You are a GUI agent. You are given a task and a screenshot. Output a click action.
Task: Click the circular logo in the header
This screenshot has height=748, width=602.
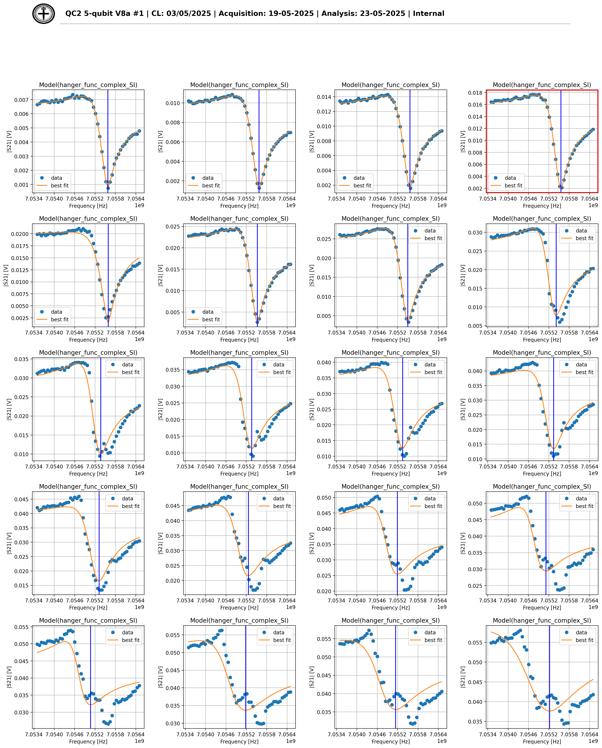[x=44, y=14]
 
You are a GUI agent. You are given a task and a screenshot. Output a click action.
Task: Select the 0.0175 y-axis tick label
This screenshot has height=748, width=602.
[x=20, y=246]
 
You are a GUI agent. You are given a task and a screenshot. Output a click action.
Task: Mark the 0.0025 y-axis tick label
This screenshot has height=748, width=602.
[x=20, y=318]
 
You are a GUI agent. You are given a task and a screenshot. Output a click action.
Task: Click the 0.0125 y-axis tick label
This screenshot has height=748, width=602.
[x=20, y=270]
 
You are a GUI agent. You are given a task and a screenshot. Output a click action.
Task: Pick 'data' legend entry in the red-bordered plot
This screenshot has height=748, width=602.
[x=510, y=178]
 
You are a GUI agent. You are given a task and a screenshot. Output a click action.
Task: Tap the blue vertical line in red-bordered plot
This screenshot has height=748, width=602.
[x=561, y=139]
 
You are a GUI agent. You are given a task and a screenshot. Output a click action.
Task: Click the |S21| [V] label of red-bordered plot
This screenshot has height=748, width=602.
[x=463, y=141]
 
